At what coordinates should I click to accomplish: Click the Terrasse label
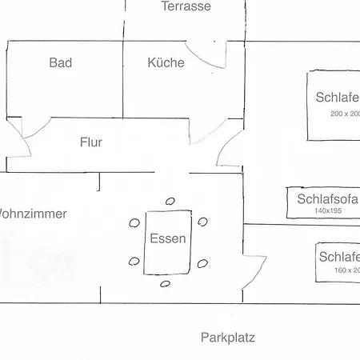coord(186,6)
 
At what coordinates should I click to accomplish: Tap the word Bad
coord(61,62)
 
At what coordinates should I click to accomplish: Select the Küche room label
coord(166,62)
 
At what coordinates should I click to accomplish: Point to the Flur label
coord(91,143)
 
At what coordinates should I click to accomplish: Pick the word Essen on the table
coord(168,238)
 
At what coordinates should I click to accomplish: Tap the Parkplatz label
coord(228,338)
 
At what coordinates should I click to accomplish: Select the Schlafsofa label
coord(327,199)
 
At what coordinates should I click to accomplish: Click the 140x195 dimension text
coord(327,210)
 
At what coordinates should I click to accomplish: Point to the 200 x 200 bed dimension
coord(345,114)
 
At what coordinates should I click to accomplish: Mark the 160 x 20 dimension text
coord(347,270)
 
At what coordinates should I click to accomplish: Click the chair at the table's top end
coord(170,201)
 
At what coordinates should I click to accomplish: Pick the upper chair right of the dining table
coord(202,222)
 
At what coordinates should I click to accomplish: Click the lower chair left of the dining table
coord(134,261)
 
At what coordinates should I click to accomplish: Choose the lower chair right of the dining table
coord(202,262)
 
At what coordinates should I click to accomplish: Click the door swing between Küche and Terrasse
coord(213,56)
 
